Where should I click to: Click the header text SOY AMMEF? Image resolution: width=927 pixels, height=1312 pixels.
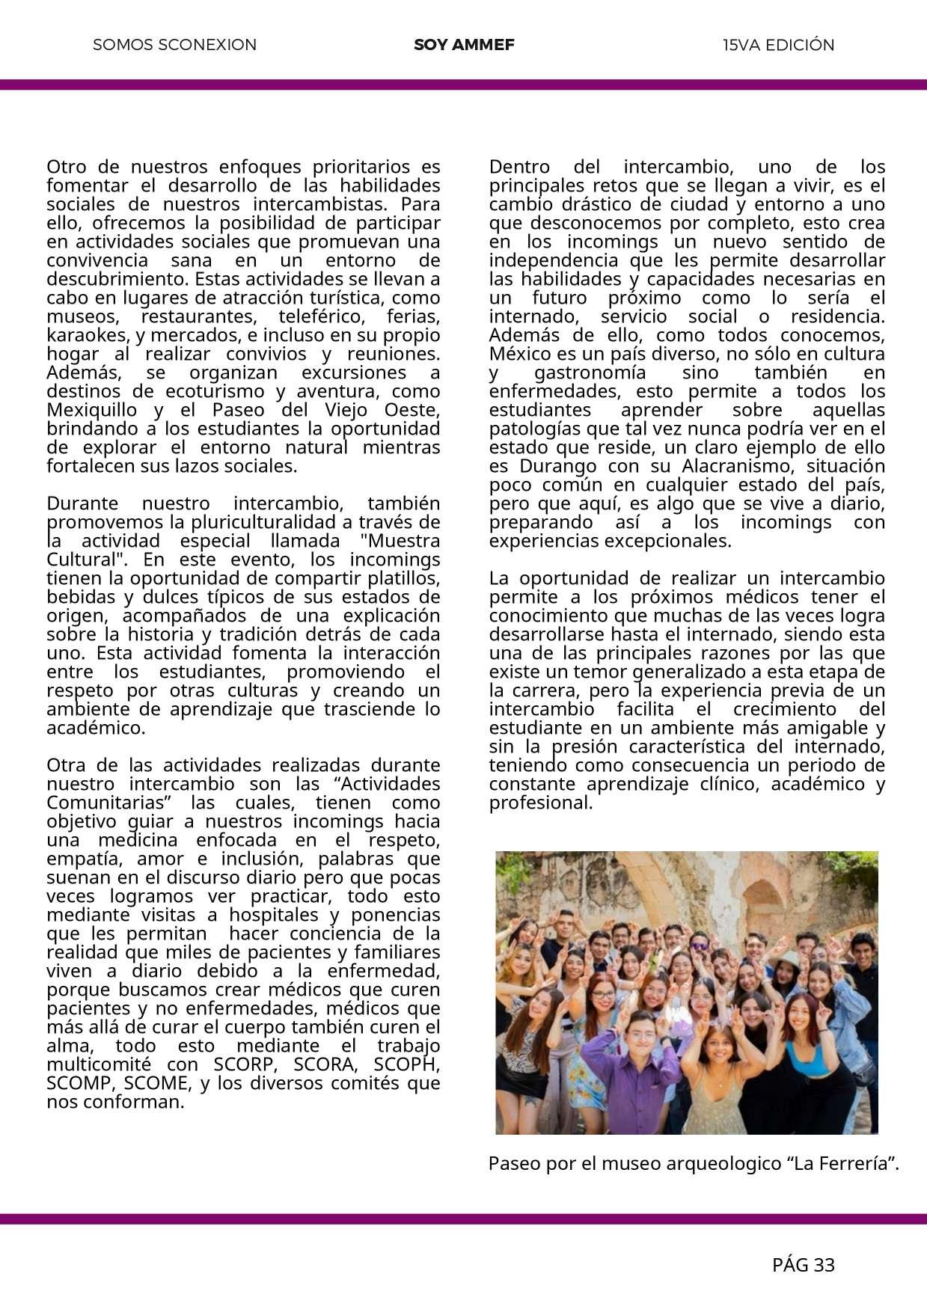tap(464, 45)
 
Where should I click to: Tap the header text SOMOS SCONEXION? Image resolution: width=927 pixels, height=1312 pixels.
tap(174, 45)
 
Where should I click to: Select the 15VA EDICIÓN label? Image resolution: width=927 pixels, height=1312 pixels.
tap(778, 45)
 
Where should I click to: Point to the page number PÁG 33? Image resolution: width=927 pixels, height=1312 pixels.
tap(803, 1265)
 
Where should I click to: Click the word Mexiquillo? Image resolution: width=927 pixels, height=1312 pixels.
tap(92, 410)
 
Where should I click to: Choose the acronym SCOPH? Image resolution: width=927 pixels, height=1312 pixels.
tap(407, 1064)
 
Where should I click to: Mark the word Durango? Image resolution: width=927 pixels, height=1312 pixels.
tap(554, 466)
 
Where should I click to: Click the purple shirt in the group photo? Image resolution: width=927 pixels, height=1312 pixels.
tap(643, 1085)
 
